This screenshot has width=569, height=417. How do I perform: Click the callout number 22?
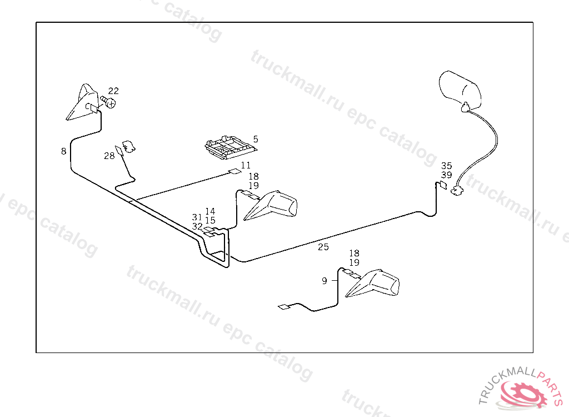[x=113, y=91]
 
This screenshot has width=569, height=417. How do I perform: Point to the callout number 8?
[x=64, y=151]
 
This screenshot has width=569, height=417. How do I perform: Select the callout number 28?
[x=109, y=156]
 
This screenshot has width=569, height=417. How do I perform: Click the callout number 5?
[x=256, y=138]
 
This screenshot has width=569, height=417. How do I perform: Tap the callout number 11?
[x=246, y=165]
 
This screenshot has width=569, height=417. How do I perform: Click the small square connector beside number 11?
[x=235, y=172]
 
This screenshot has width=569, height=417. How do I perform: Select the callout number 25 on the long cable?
[x=323, y=247]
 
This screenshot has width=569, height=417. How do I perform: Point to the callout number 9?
[x=325, y=281]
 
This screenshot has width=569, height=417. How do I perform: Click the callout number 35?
[x=447, y=166]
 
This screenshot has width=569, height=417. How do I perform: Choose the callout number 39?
[x=447, y=175]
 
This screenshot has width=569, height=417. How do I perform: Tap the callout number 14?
[x=210, y=211]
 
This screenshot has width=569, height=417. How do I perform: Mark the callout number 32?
[x=198, y=226]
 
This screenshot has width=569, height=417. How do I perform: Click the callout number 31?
[x=198, y=217]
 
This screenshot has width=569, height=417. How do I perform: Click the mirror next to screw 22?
[x=82, y=103]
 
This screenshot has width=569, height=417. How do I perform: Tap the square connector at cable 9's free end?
[x=283, y=306]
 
